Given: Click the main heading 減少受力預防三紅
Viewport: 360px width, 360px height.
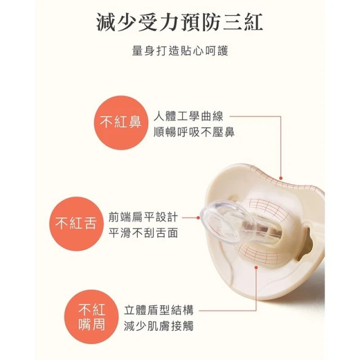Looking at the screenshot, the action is (x=180, y=22).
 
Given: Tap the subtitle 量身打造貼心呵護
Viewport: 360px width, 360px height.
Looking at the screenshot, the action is (x=180, y=51).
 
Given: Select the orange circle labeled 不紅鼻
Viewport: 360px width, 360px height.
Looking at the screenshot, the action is (x=121, y=123).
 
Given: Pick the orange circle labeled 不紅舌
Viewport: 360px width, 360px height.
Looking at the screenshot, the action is (x=76, y=224).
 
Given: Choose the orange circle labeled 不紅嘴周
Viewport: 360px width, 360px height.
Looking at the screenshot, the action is (x=91, y=317).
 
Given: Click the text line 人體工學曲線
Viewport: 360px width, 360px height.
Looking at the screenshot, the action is (x=188, y=116).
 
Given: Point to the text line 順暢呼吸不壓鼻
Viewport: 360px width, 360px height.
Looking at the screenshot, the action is (x=194, y=133).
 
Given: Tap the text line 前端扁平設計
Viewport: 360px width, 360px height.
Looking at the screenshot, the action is (x=143, y=217).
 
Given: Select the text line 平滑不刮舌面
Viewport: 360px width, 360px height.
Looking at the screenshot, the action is (x=143, y=233).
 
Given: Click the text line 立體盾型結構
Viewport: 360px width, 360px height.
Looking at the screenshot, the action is (x=159, y=310).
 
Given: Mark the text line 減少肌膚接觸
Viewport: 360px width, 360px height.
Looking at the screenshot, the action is (x=159, y=326).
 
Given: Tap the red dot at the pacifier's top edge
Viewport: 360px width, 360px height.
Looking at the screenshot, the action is (x=281, y=178).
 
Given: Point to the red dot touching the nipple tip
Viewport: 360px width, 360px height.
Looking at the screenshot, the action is (x=199, y=218).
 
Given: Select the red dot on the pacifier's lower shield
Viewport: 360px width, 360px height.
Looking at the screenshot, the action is (x=256, y=267).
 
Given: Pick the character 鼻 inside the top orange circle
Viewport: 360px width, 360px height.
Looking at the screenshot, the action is (x=135, y=121).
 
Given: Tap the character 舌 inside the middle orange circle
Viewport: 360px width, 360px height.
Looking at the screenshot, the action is (x=91, y=223).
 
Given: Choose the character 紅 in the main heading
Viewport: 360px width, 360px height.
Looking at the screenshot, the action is (x=254, y=22).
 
